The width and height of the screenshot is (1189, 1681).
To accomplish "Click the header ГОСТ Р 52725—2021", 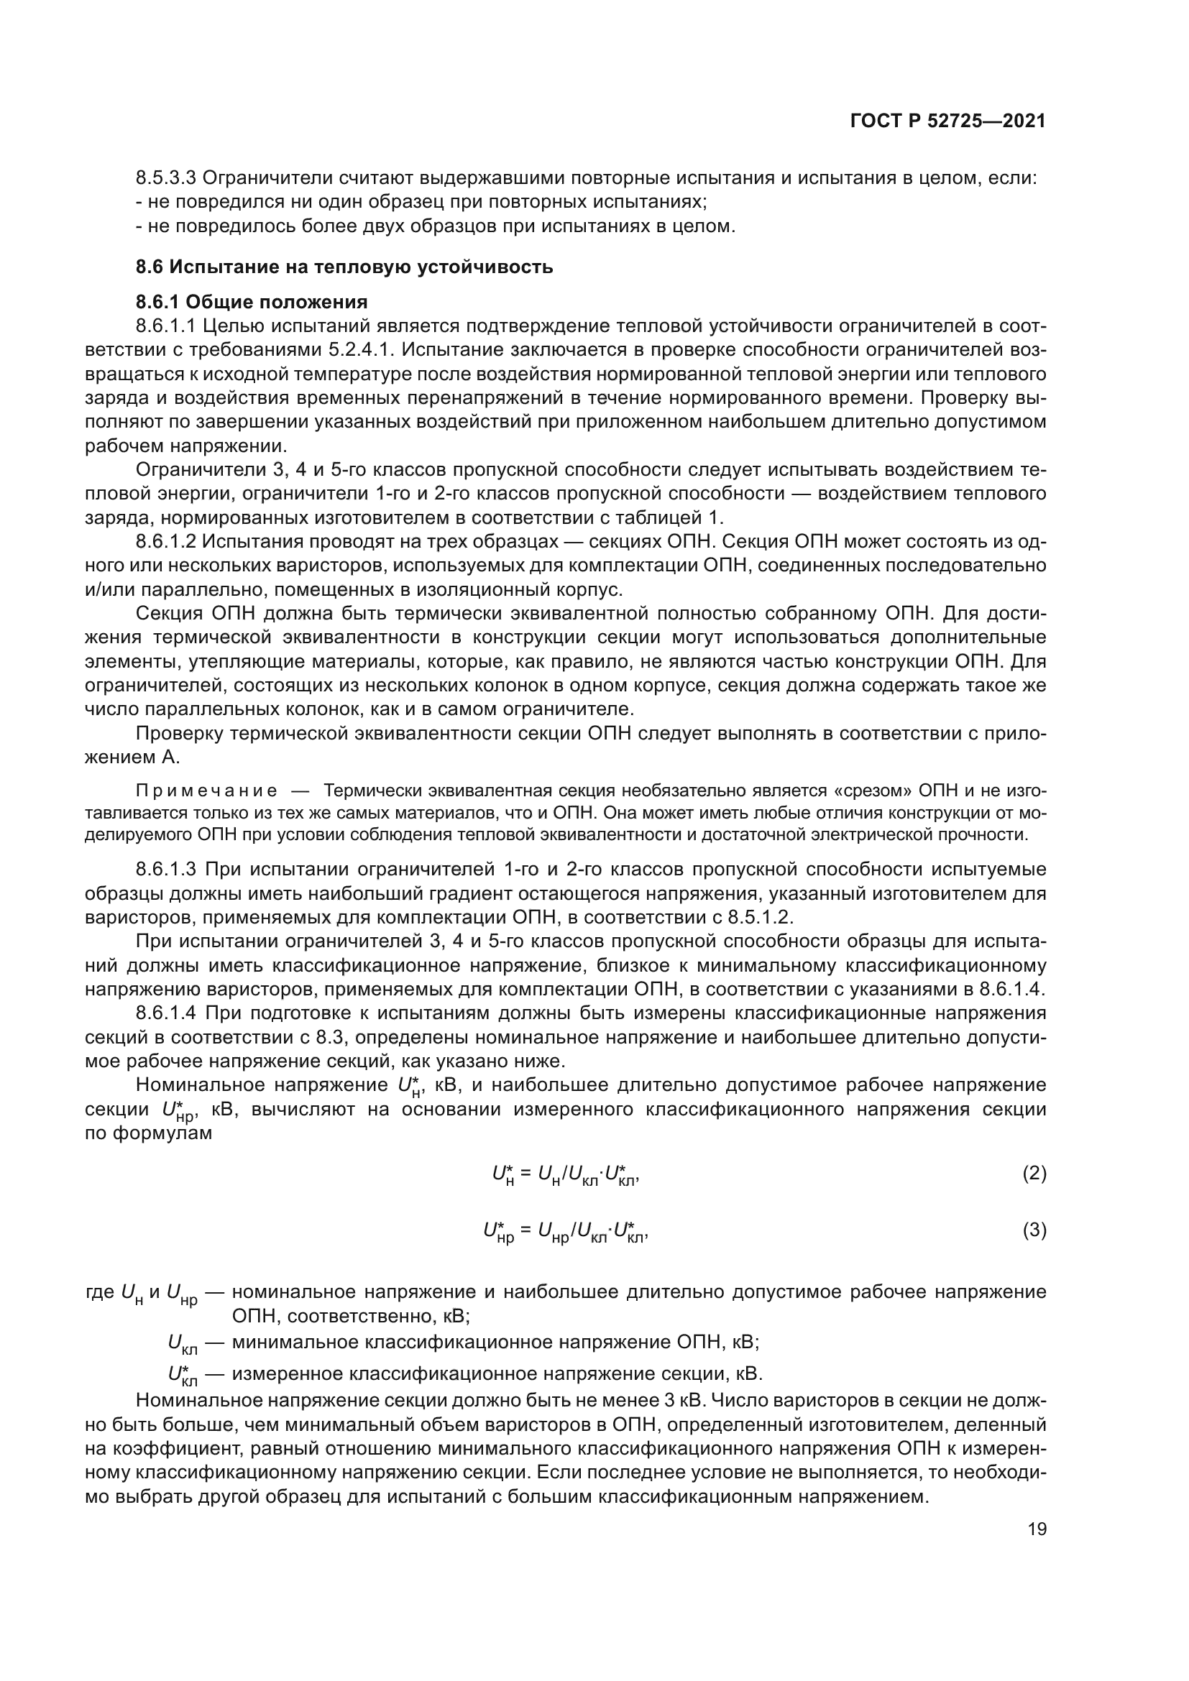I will (x=947, y=121).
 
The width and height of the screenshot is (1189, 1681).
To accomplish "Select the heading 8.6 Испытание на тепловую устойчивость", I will (x=344, y=267).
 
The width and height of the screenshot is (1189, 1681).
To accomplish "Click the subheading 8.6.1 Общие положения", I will (x=251, y=302).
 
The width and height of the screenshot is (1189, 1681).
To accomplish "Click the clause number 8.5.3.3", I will (x=166, y=178).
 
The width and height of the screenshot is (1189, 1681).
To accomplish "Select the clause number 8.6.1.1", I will (x=166, y=326).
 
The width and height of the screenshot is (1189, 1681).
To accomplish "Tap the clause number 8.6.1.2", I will (x=166, y=542).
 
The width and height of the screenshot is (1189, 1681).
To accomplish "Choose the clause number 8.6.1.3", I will (x=166, y=869).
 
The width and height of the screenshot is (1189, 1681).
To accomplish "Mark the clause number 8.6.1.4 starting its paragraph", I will (x=166, y=1013).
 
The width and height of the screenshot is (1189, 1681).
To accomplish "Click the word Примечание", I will (x=206, y=791).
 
